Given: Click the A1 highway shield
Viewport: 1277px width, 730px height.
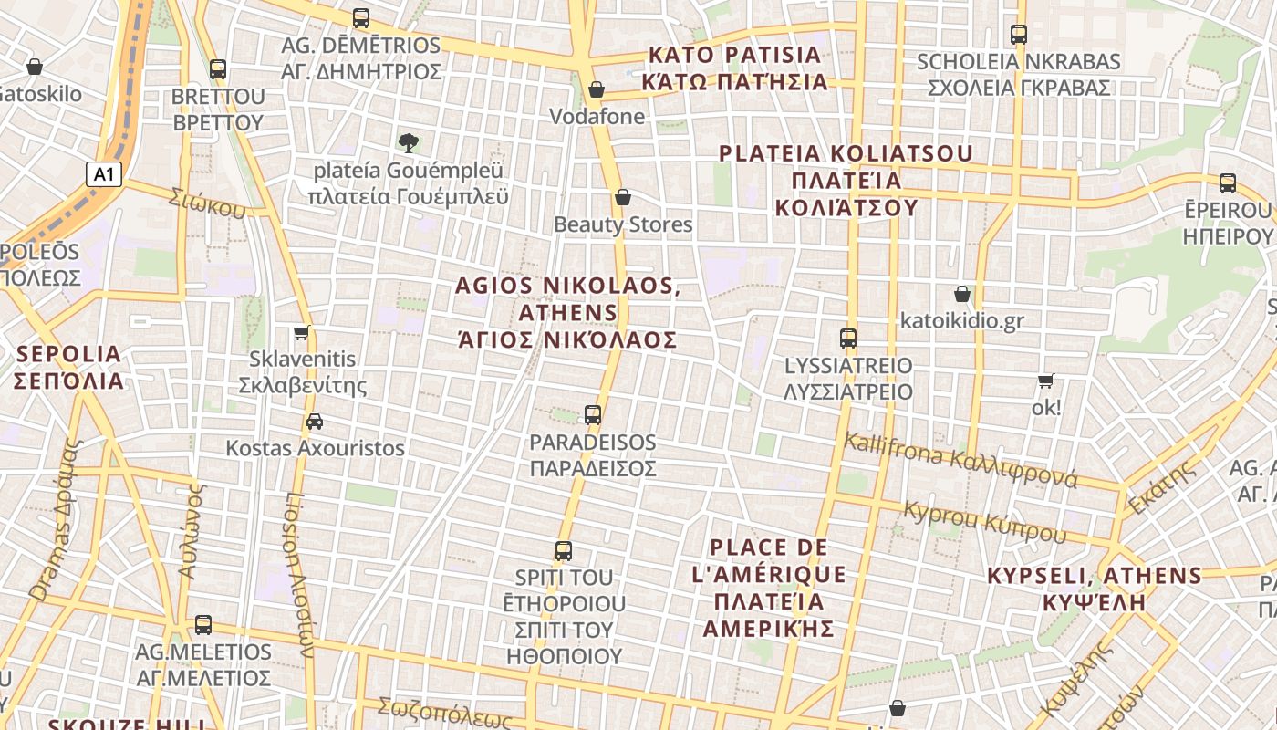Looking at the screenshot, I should pos(104,174).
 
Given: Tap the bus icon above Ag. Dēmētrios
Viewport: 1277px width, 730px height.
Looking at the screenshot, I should pos(361,18).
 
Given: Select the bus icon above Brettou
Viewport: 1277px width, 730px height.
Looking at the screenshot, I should pos(217,69).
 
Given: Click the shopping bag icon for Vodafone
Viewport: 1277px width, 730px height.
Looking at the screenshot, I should pos(597,89).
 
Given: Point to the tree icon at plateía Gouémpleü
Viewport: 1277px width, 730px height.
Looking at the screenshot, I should pos(409,142).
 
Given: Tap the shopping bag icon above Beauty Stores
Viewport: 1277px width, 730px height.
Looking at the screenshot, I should pos(623,197).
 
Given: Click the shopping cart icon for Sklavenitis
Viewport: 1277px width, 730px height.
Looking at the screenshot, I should pos(302,333).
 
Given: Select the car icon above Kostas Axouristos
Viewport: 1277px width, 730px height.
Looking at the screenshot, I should pos(315,422).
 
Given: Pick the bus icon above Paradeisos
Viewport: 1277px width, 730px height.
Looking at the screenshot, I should pos(593,415).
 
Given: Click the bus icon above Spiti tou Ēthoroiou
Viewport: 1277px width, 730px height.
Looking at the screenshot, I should pos(564,551).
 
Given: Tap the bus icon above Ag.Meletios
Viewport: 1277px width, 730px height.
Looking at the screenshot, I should pos(203,625).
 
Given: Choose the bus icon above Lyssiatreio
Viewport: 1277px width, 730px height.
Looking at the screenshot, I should pos(848,339).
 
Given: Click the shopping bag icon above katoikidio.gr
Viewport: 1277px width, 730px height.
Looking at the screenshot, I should pos(961,294).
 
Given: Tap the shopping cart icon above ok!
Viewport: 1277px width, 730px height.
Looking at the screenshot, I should pos(1045,381).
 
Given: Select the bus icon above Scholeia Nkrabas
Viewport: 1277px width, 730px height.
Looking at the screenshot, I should pos(1019,35).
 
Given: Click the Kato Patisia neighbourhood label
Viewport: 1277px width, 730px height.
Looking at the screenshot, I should pos(734,68).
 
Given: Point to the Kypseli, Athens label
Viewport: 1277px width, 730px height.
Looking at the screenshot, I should pos(1095,589).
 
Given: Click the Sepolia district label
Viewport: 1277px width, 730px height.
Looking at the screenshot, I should pos(68,367).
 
